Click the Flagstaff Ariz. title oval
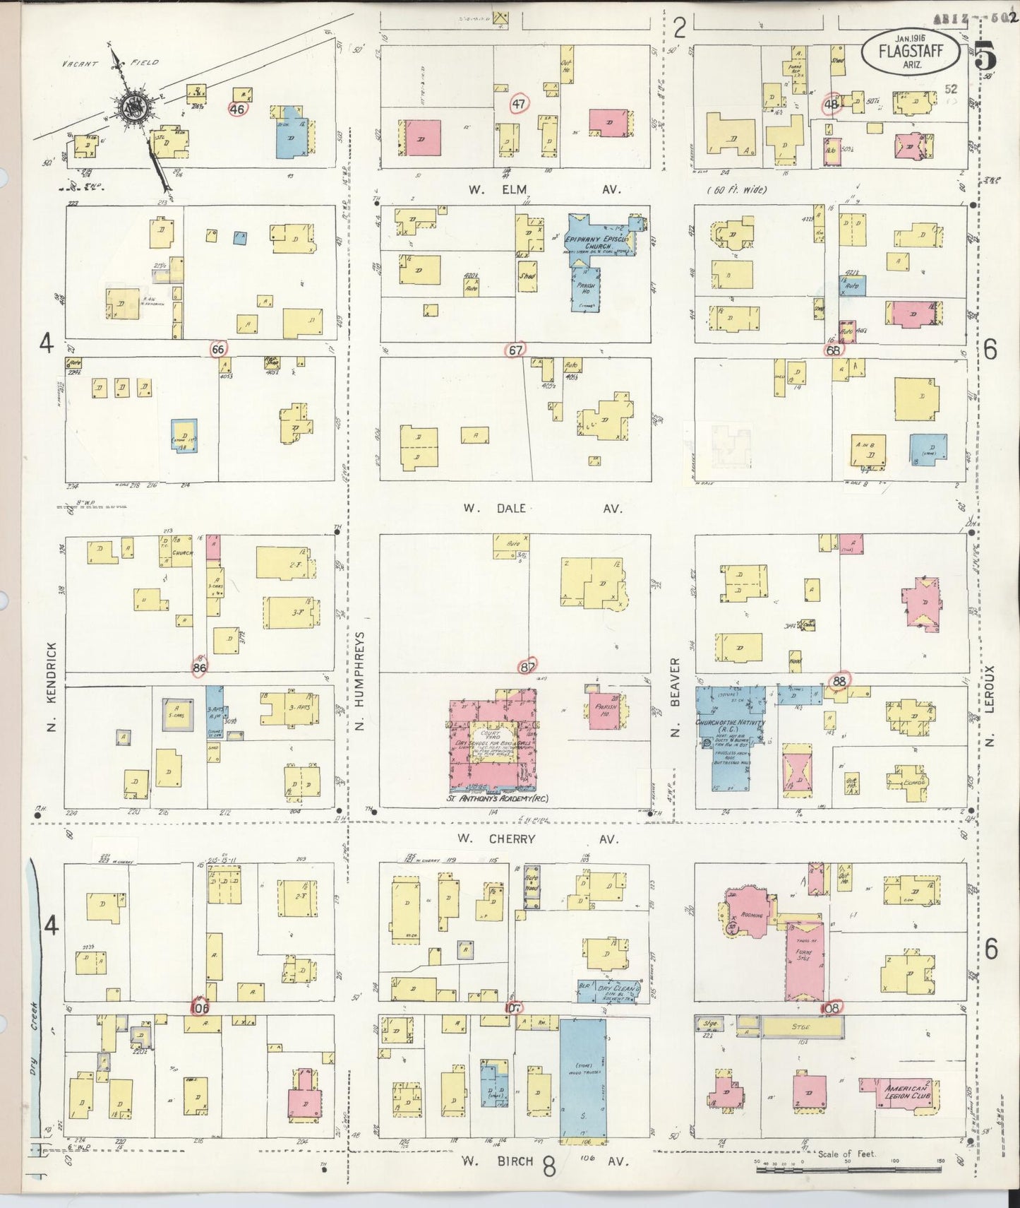point(911,51)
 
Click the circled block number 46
point(237,109)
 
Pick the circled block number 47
point(520,105)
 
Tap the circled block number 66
point(218,348)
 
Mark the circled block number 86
point(200,667)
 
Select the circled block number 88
point(839,681)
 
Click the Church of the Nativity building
point(731,735)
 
